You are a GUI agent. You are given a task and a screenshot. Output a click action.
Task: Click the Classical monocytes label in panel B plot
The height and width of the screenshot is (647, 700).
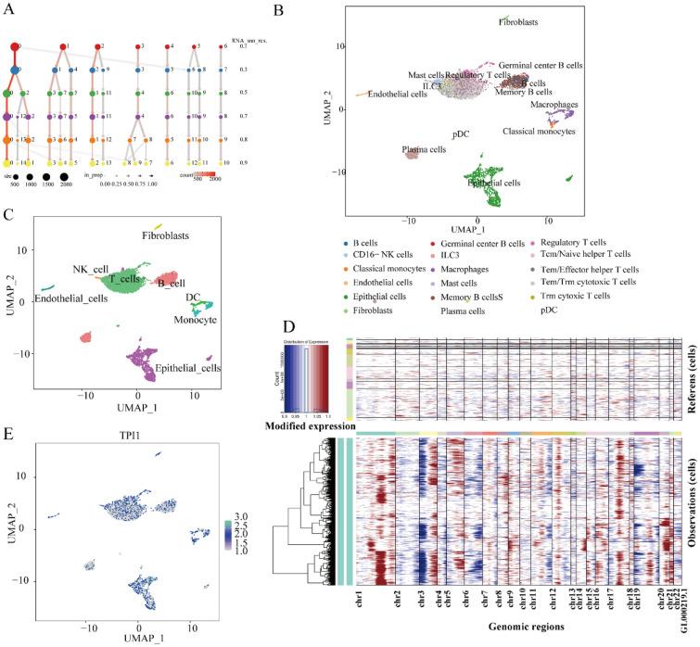tap(539, 132)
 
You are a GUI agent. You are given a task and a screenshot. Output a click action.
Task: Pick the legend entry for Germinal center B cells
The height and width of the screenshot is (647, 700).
tap(508, 240)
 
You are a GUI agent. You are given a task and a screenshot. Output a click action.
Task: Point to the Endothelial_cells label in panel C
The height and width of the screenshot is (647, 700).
tap(71, 298)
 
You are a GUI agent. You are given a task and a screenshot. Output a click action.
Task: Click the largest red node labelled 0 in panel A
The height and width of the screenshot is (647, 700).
tap(16, 46)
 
